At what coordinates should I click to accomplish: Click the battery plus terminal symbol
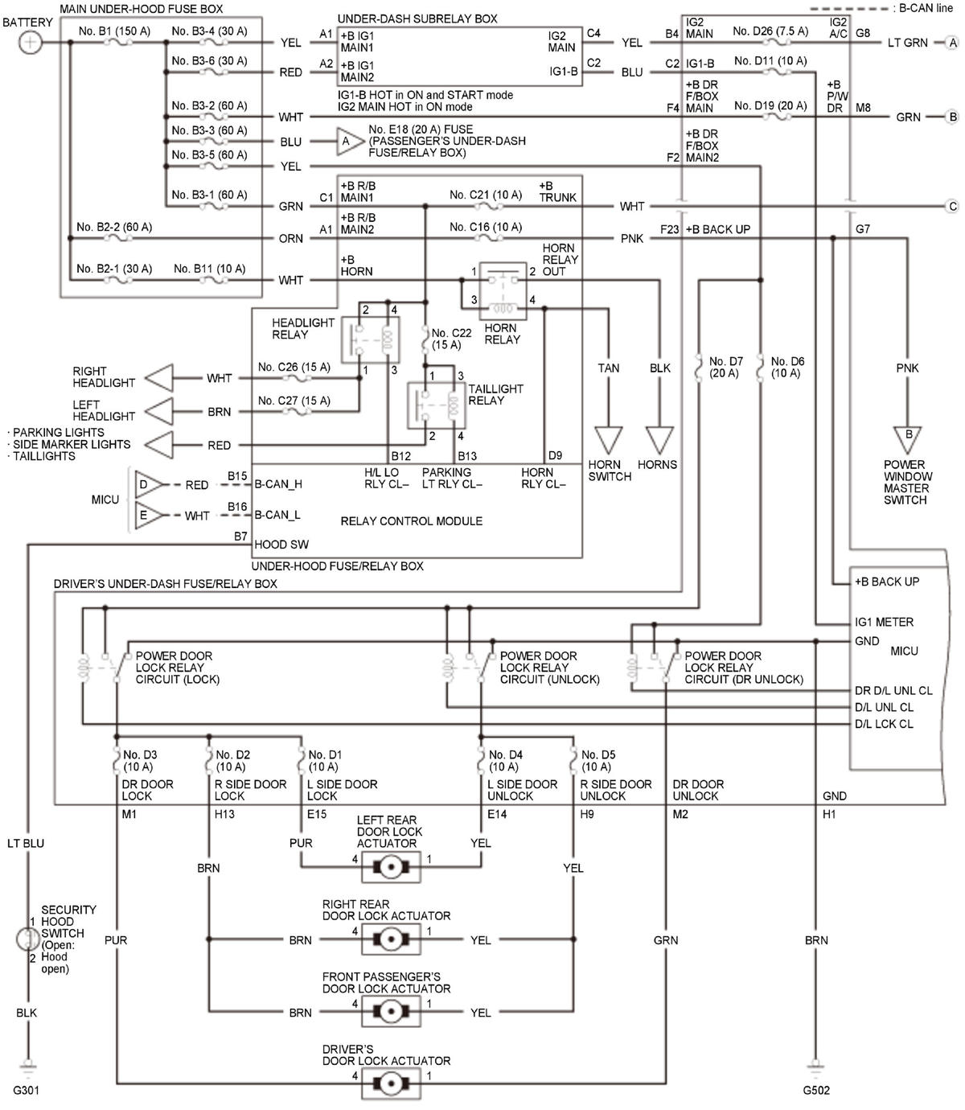point(30,43)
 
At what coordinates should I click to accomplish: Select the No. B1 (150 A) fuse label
point(114,31)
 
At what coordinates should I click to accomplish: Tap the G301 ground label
point(26,1090)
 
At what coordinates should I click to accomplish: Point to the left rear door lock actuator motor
point(391,868)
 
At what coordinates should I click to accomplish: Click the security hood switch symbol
point(27,939)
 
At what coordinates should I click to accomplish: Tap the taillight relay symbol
point(437,406)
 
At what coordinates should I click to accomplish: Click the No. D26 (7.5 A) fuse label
point(770,31)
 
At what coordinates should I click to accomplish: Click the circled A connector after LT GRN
point(953,43)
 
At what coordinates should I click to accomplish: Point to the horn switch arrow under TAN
point(608,440)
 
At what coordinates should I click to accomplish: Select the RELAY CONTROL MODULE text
point(411,521)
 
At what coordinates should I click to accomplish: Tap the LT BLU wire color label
point(26,843)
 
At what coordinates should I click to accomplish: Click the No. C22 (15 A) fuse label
point(451,339)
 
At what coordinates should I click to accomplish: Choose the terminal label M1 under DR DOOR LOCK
point(129,814)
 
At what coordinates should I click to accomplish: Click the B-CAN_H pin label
point(278,484)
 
